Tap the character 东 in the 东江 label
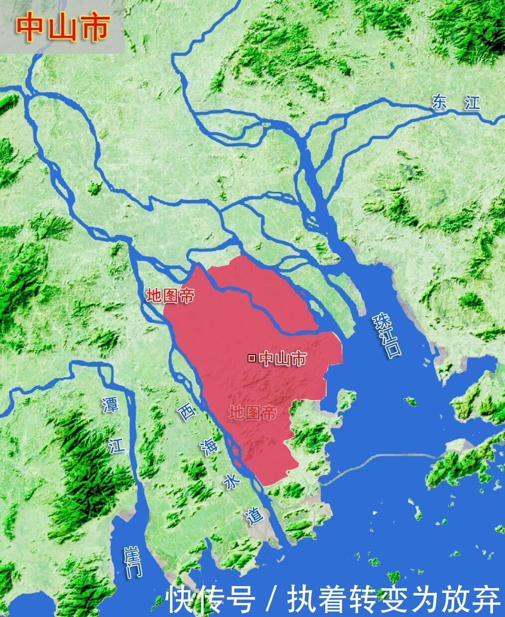coord(441,101)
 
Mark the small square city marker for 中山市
coord(252,358)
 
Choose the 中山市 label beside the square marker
coord(283,358)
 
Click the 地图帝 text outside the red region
coord(170,295)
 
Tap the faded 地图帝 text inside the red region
coord(252,412)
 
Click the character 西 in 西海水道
coord(187,412)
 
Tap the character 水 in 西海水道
coord(232,482)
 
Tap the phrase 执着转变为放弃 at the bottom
coord(393,599)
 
